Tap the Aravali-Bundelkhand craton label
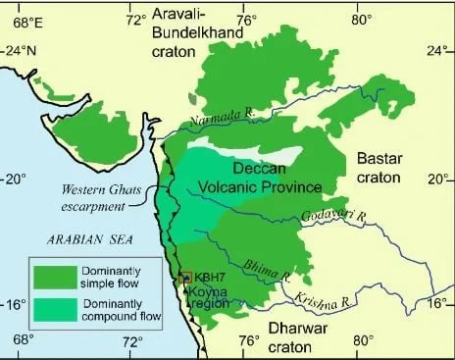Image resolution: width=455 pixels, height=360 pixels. click(x=197, y=28)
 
